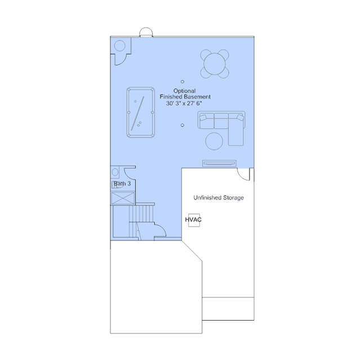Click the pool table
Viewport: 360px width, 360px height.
140,112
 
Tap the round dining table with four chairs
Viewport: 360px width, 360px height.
215,64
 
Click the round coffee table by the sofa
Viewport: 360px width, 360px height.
214,141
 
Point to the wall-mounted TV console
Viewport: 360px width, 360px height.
219,163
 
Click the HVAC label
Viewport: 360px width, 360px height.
193,220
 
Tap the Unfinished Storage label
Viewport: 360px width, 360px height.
219,198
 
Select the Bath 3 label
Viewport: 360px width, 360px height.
122,184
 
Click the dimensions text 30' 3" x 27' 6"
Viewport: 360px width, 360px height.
184,104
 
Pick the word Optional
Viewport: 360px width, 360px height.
184,91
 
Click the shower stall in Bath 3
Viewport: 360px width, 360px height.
123,198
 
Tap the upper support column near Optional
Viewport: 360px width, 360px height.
183,82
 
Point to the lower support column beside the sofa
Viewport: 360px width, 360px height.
183,125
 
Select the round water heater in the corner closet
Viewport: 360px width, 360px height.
120,46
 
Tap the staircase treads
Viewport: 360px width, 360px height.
141,214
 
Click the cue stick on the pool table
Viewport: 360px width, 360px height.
137,113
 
